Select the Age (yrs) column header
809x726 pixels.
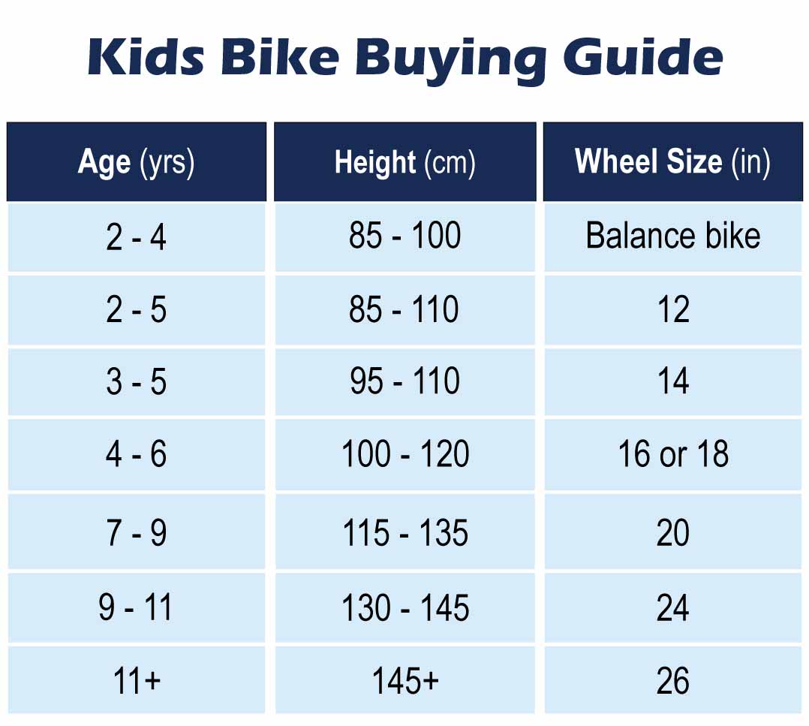click(137, 162)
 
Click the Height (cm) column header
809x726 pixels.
click(404, 162)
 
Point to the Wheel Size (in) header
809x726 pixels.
click(672, 162)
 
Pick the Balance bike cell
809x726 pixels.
click(672, 236)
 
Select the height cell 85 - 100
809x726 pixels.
click(404, 236)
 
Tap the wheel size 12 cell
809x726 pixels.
click(672, 309)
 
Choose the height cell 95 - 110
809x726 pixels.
click(404, 381)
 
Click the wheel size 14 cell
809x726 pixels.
click(672, 381)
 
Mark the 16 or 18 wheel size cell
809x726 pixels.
click(672, 454)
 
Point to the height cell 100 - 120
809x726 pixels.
click(404, 454)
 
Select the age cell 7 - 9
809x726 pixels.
click(137, 533)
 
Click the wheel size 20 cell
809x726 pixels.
click(672, 533)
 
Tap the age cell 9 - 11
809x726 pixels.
click(137, 607)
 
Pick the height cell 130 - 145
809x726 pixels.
click(404, 607)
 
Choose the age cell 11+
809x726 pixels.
click(137, 680)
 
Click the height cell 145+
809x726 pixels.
click(404, 680)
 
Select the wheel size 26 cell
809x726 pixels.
click(672, 680)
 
